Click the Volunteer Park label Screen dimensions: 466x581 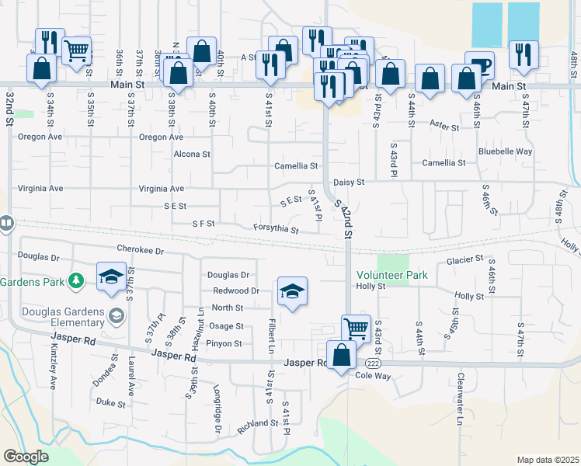392,275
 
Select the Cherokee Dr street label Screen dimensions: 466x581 141,250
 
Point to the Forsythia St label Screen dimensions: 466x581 276,228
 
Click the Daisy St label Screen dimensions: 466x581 349,182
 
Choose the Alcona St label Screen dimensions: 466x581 192,154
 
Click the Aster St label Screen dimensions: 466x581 445,124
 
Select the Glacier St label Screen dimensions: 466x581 464,259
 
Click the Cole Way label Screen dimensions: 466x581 372,375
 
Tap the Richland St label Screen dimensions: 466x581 258,423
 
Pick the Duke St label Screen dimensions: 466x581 111,403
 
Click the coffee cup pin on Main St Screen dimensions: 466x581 478,65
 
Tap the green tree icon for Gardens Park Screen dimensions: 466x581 76,280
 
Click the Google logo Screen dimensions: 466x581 26,456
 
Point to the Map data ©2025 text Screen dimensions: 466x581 547,460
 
